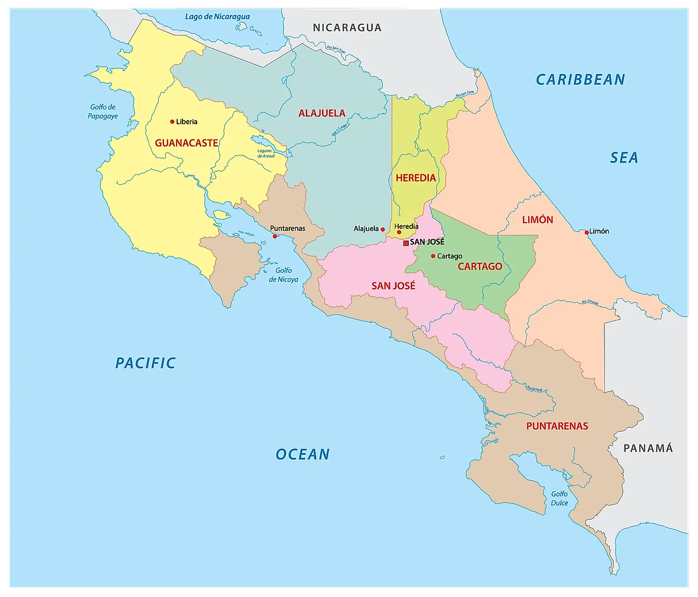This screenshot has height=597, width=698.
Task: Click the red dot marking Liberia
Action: [172, 122]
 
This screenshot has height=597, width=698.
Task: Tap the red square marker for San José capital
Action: [406, 243]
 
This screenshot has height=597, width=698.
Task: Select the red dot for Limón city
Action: [586, 232]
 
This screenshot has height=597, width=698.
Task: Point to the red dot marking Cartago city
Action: [433, 256]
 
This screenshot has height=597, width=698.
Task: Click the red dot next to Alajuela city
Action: [383, 229]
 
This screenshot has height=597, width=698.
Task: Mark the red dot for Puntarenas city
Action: [274, 236]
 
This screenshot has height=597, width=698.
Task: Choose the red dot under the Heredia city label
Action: [399, 232]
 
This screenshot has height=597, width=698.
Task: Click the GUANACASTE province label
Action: [186, 143]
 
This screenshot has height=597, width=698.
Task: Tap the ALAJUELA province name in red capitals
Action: [322, 113]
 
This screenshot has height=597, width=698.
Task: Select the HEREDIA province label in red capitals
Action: [416, 178]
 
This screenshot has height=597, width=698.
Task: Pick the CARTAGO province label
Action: [480, 267]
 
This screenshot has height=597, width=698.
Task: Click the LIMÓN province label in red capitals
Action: [537, 220]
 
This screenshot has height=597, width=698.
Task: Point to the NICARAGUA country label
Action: [347, 28]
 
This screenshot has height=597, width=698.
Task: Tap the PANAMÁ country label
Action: [648, 448]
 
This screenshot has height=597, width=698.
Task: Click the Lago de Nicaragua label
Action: [217, 16]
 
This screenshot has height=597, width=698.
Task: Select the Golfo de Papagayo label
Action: [103, 112]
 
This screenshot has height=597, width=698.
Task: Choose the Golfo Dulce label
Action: [559, 498]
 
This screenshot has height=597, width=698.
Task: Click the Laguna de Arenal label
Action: [266, 153]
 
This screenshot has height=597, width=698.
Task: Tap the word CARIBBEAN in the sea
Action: [580, 80]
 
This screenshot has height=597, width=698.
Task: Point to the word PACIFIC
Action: [145, 363]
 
